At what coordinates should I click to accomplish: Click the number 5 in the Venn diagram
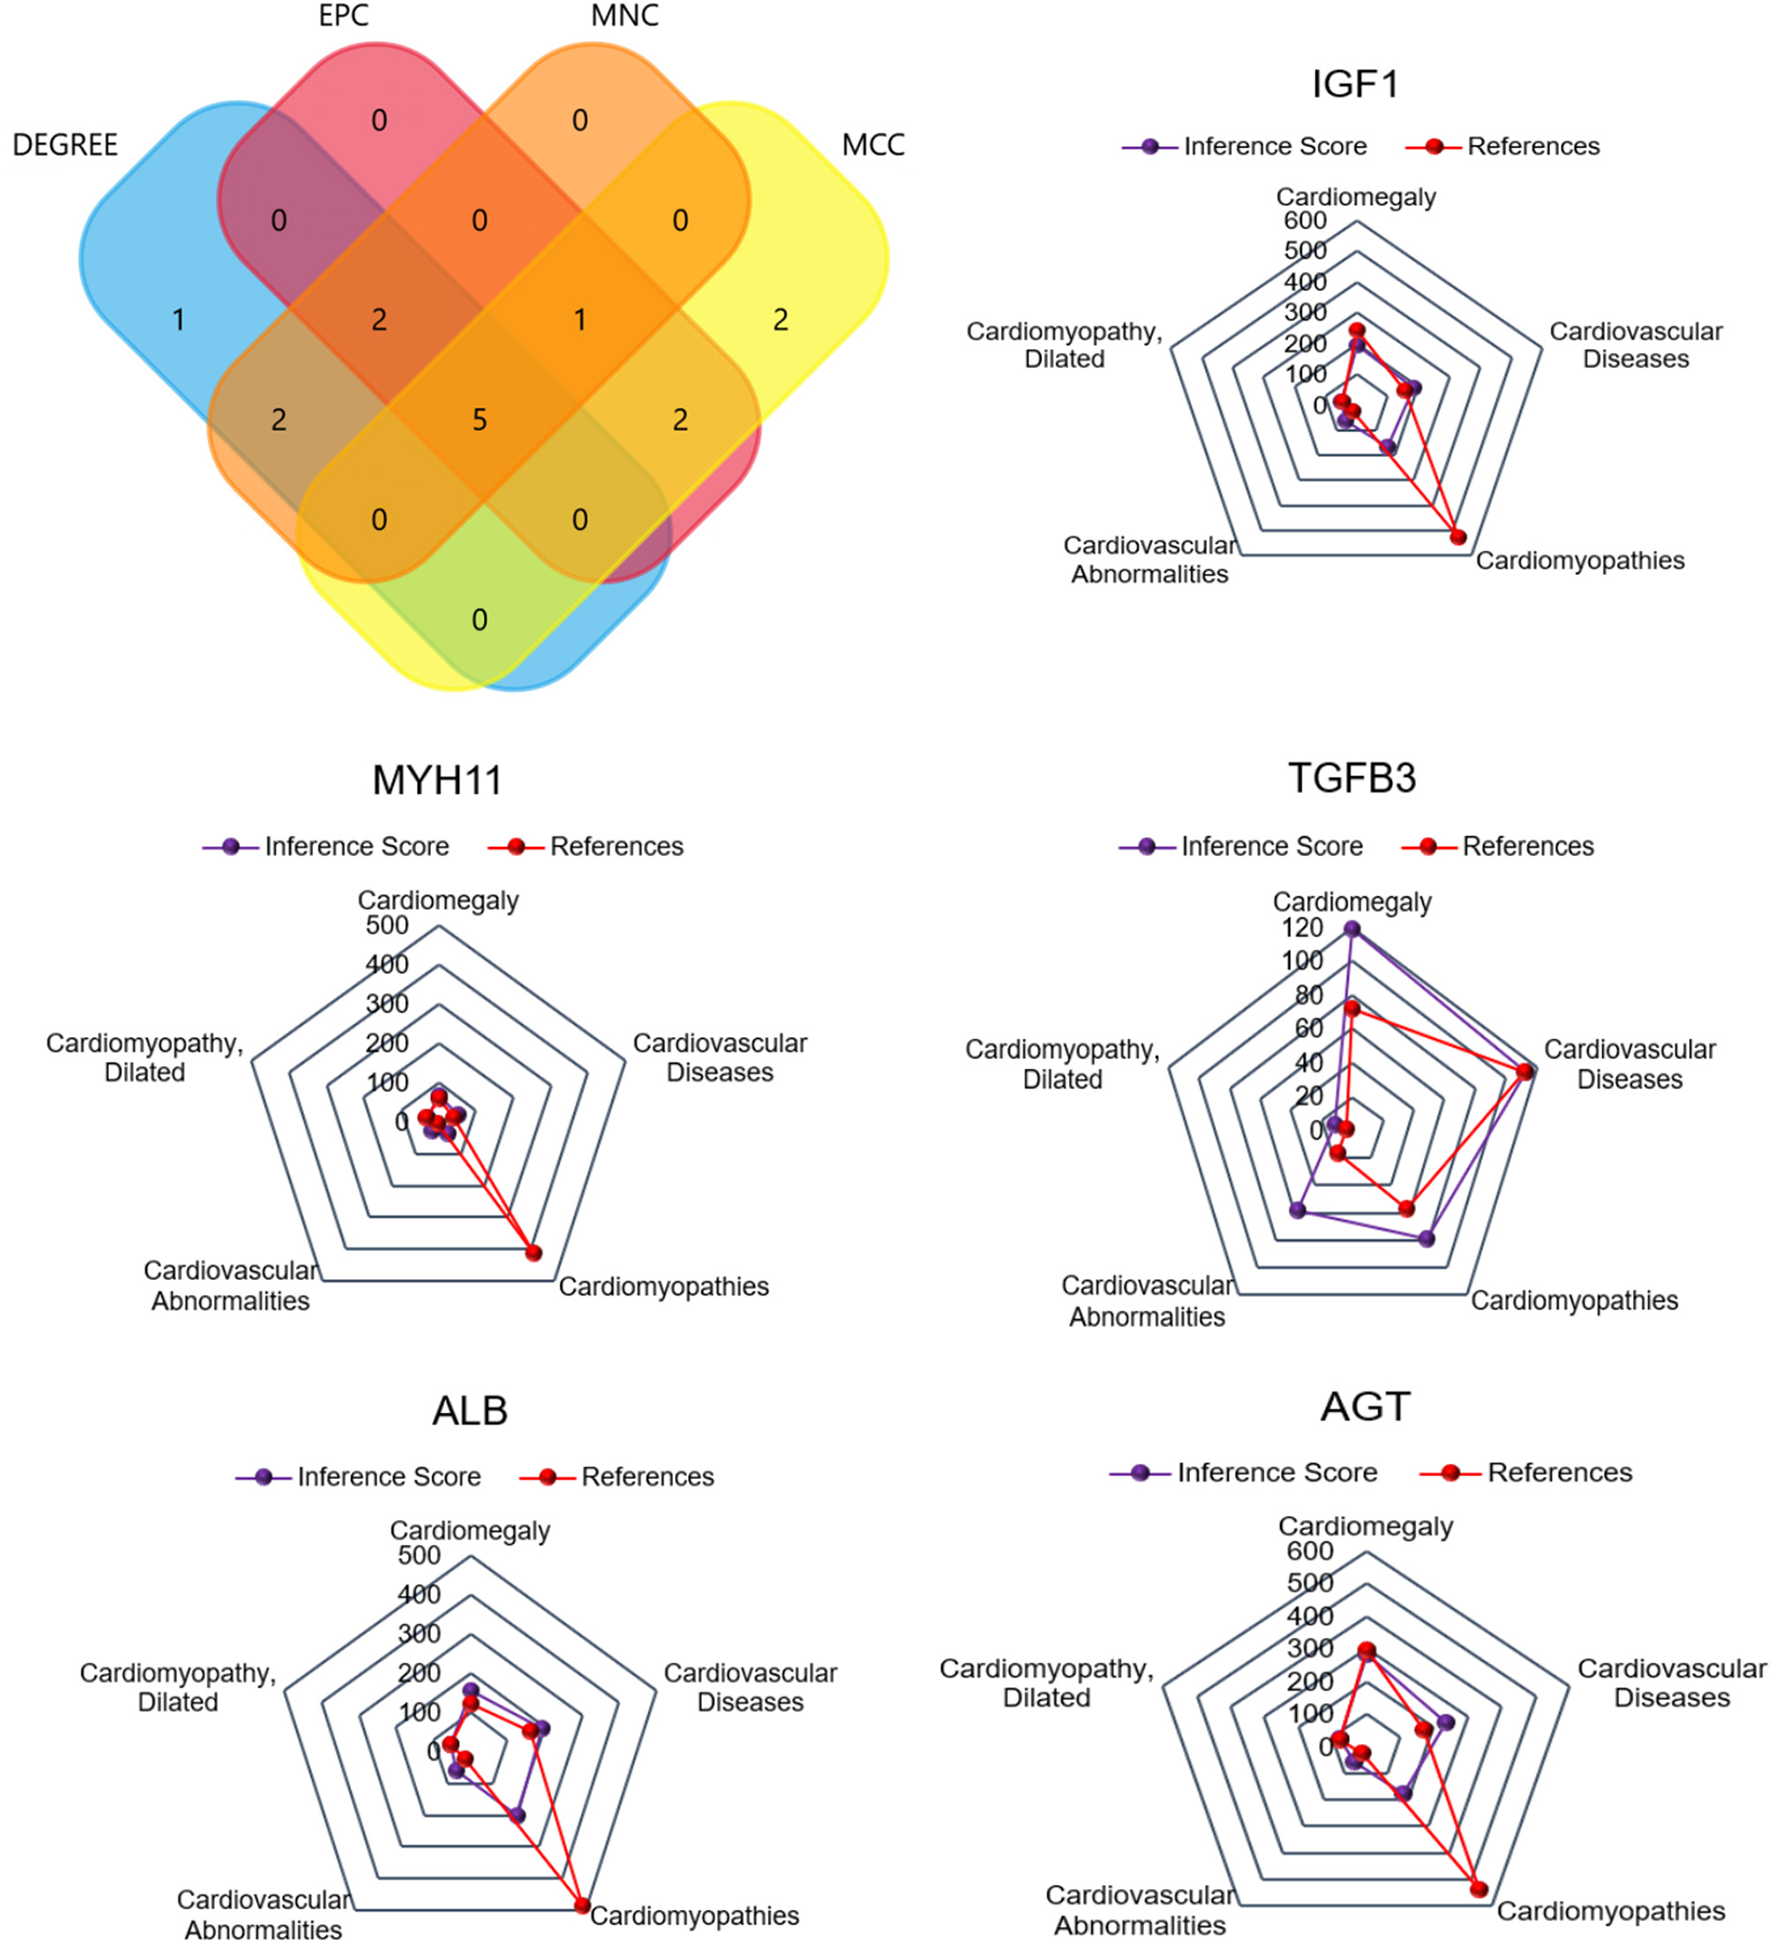(480, 420)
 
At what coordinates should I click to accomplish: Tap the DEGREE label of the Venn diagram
(65, 145)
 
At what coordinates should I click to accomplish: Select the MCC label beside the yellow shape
(873, 145)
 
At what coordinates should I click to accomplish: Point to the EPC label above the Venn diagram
(343, 16)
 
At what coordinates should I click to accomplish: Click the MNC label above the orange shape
(625, 16)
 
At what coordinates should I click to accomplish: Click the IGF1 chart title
(1355, 84)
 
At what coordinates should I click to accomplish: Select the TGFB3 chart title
(1352, 778)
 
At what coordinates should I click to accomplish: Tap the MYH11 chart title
(437, 780)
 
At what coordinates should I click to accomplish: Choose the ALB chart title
(470, 1411)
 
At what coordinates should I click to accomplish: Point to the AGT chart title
(1365, 1407)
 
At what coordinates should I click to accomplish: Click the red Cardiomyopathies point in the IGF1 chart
(1458, 537)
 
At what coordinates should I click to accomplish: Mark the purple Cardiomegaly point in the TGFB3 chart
(1352, 929)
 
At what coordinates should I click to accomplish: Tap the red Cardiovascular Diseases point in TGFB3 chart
(1524, 1072)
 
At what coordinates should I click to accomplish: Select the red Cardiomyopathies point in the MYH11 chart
(533, 1253)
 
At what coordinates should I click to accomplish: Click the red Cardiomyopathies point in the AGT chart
(1479, 1889)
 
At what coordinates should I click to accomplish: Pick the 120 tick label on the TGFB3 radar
(1302, 928)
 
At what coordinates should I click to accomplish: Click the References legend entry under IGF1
(1532, 147)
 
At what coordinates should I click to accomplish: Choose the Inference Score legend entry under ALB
(388, 1477)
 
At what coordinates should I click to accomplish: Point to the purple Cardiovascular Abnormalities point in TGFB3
(1298, 1210)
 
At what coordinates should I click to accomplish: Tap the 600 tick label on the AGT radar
(1309, 1551)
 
